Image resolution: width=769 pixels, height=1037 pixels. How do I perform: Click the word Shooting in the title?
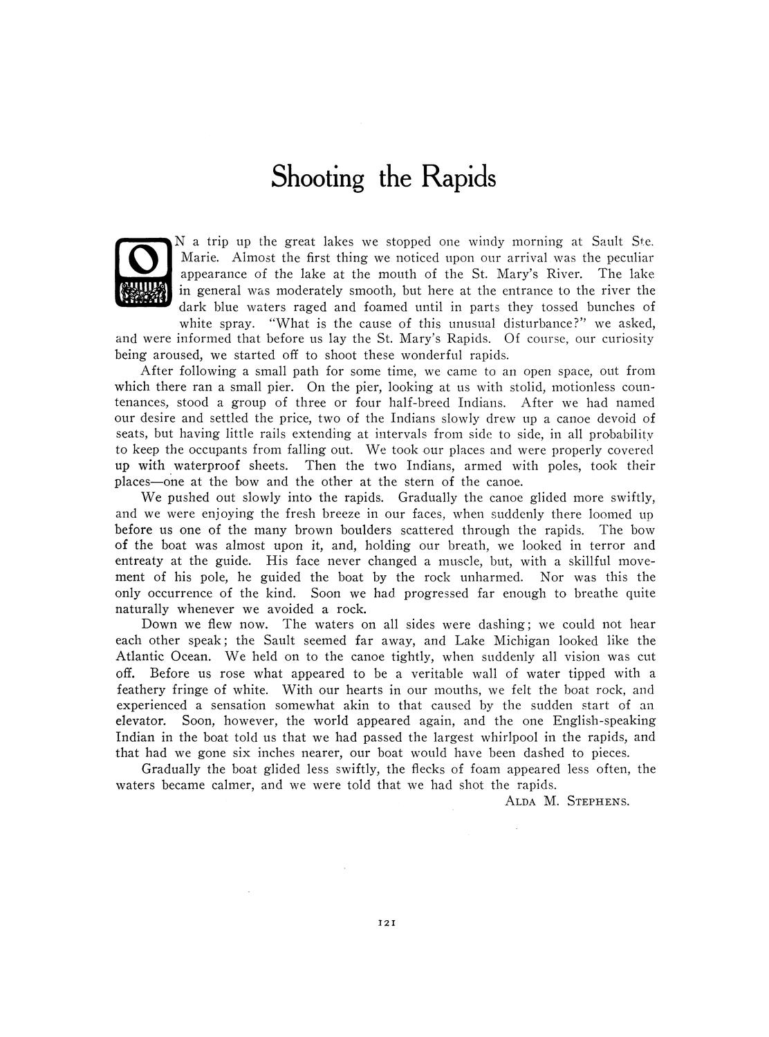pos(317,178)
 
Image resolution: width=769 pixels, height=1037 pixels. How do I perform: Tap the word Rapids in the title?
pos(459,178)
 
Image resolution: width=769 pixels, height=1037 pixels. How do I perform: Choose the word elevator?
pos(140,720)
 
